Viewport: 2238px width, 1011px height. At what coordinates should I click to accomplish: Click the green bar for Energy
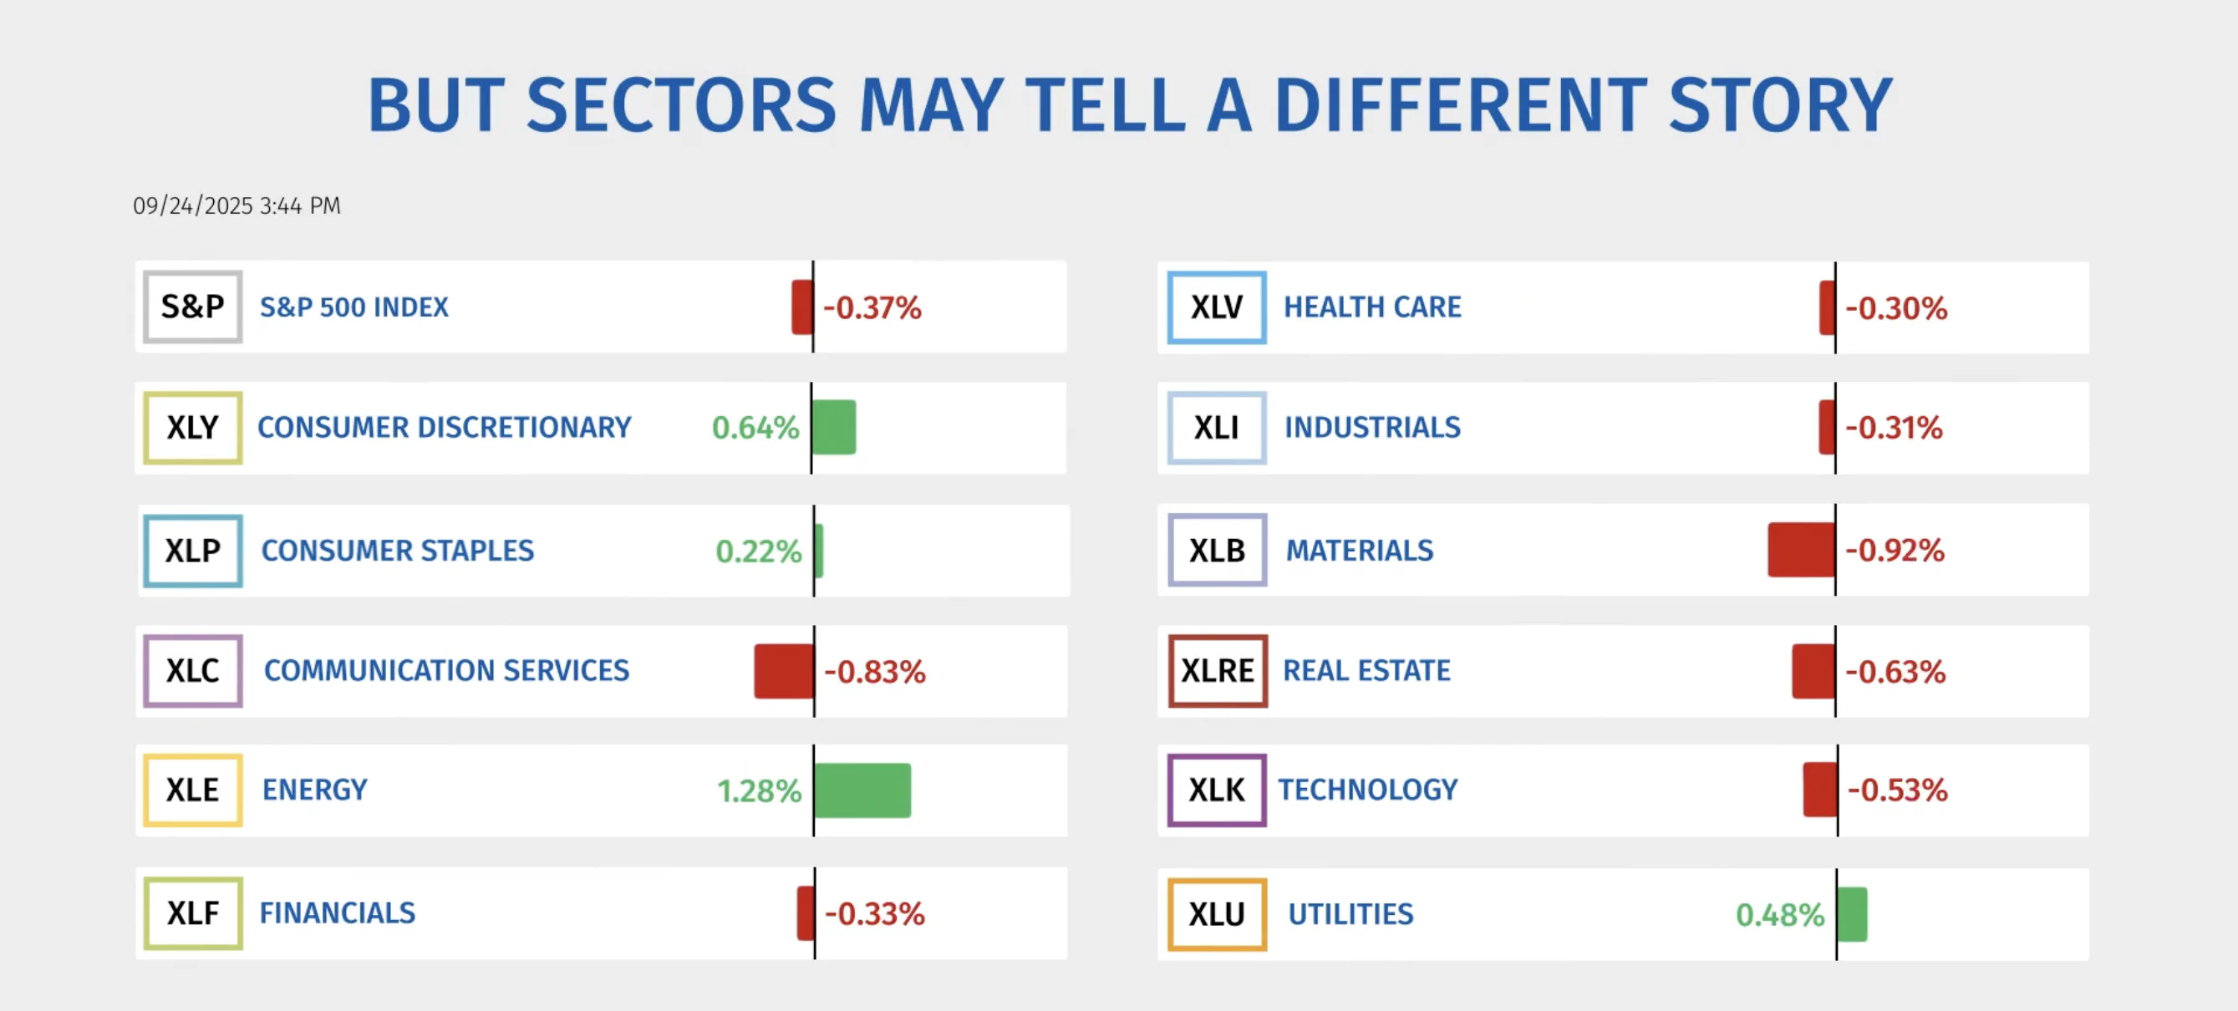tap(862, 790)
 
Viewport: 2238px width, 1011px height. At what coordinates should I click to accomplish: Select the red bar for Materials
tap(1801, 550)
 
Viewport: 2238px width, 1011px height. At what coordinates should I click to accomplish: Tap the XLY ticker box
tap(193, 427)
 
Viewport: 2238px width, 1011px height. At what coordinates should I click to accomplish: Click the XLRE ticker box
tap(1217, 671)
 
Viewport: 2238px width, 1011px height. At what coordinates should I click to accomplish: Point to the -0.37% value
tap(872, 307)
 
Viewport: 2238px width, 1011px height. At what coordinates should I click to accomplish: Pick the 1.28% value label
tap(759, 790)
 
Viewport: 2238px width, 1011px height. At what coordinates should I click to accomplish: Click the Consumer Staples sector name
tap(398, 551)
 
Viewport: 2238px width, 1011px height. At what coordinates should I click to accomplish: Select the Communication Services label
tap(446, 671)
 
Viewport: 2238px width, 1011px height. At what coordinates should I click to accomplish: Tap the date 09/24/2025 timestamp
tap(237, 206)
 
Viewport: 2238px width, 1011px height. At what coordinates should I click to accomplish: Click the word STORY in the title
tap(1780, 106)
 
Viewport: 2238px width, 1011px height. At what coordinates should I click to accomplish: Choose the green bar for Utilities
tap(1852, 914)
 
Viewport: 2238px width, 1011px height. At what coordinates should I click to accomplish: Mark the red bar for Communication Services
tap(784, 672)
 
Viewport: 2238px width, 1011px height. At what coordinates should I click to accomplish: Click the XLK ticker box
tap(1216, 790)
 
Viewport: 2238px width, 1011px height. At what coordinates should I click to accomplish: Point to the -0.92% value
tap(1895, 551)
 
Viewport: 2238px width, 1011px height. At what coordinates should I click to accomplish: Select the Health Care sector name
tap(1373, 307)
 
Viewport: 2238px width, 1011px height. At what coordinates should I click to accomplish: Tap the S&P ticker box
tap(193, 307)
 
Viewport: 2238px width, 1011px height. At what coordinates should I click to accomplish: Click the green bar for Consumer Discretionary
tap(834, 427)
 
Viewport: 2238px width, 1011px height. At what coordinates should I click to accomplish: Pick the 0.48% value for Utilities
tap(1780, 915)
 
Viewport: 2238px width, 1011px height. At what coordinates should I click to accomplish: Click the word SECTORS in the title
tap(681, 106)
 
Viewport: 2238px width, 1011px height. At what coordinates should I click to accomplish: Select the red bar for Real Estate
tap(1813, 672)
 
